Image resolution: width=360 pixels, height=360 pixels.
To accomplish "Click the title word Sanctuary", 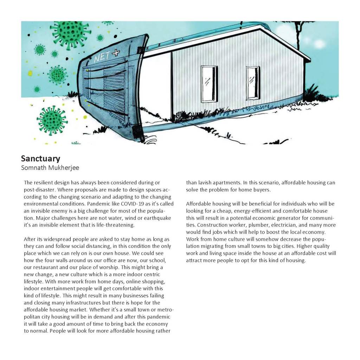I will pos(40,159).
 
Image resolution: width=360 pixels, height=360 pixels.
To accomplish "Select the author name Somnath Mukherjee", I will pos(50,168).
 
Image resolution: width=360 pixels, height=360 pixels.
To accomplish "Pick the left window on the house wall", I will pos(209,84).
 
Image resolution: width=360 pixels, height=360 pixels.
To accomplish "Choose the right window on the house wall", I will pos(253,83).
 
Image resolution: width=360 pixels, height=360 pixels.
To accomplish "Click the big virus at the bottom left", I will pos(52,120).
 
